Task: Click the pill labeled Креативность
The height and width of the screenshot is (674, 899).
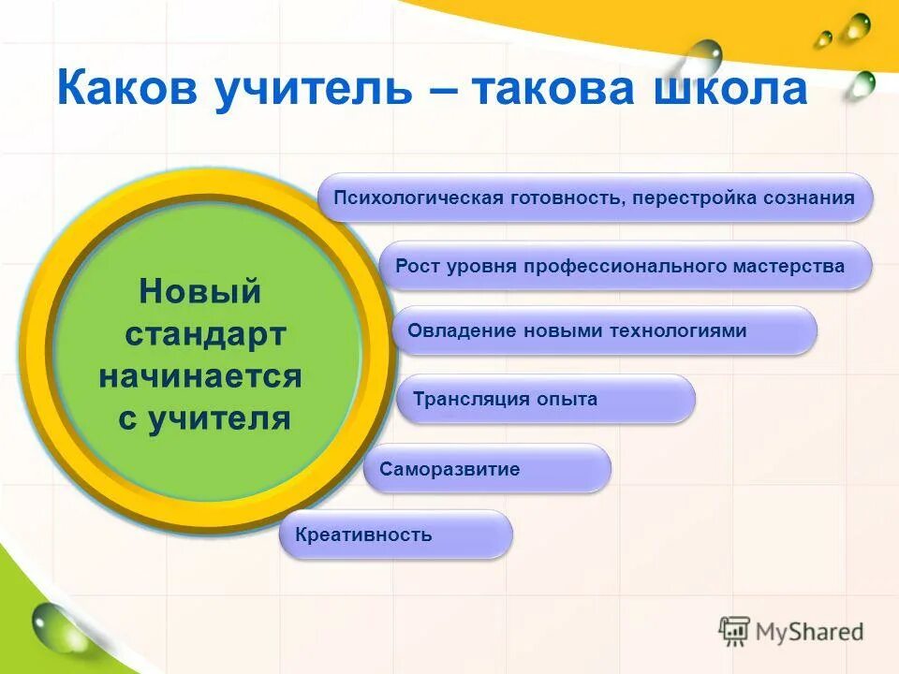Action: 396,535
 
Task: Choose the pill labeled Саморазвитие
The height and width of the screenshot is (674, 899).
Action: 487,469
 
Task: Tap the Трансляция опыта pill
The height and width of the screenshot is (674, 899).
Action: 546,400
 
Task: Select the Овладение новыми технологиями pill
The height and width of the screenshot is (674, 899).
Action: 605,330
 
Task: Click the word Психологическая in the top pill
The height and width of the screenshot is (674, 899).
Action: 420,198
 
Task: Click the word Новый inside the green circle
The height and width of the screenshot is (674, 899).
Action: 199,291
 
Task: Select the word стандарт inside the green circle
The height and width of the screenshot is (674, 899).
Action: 205,334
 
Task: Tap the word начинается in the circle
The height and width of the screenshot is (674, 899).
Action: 200,376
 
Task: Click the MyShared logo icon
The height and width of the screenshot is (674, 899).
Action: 735,631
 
